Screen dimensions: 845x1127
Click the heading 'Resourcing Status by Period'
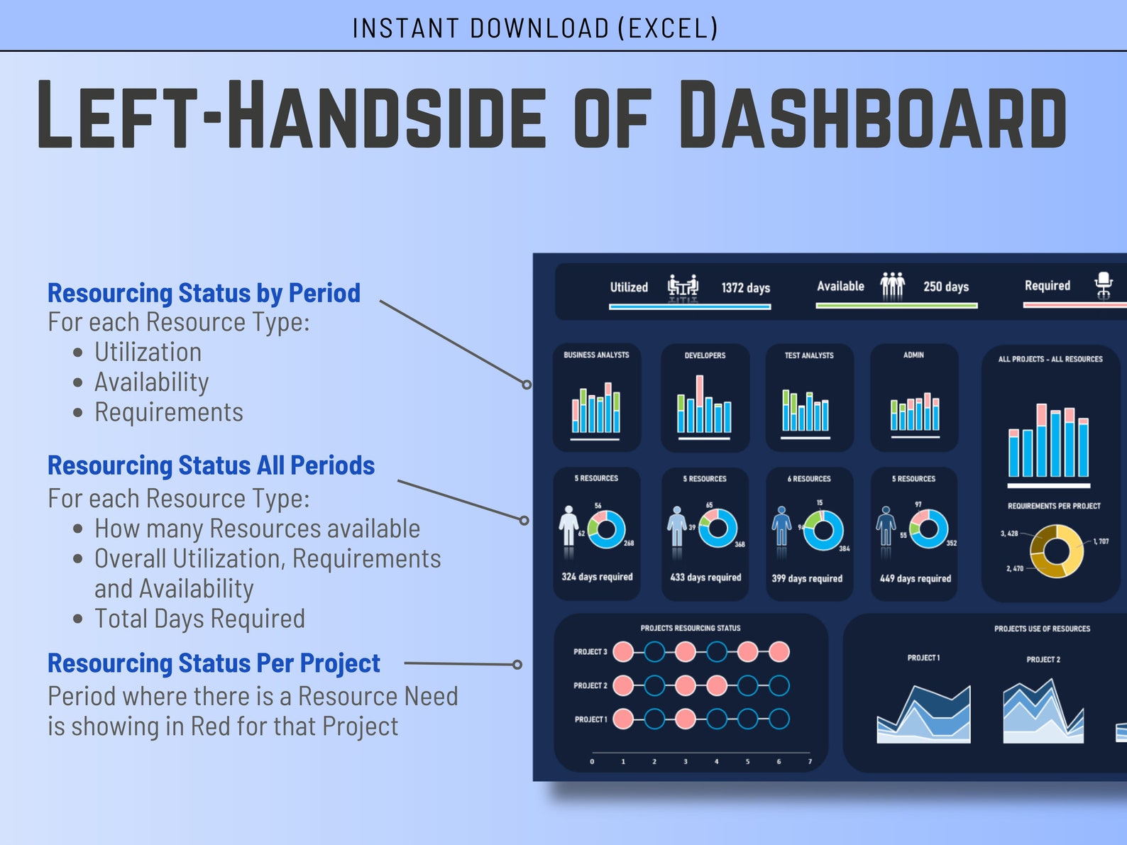tap(204, 293)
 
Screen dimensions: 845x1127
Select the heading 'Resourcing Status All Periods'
tap(211, 465)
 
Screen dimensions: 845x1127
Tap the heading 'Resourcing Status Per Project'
tap(214, 663)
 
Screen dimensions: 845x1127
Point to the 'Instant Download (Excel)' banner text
tap(535, 28)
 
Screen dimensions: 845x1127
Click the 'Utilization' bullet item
tap(148, 352)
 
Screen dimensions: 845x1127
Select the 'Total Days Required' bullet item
tap(199, 619)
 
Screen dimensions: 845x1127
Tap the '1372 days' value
tap(745, 287)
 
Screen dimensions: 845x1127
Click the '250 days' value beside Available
tap(945, 287)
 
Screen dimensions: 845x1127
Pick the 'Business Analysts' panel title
tap(596, 355)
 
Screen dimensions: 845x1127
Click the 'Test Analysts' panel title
tap(808, 355)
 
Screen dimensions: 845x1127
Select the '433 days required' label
tap(705, 578)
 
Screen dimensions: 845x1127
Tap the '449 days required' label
tap(915, 578)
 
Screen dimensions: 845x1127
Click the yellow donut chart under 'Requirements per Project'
tap(1056, 551)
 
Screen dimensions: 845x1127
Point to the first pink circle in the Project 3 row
tap(623, 651)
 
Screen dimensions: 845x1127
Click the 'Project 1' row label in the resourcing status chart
tap(590, 719)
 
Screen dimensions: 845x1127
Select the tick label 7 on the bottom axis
tap(810, 762)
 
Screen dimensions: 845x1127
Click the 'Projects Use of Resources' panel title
tap(1041, 629)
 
